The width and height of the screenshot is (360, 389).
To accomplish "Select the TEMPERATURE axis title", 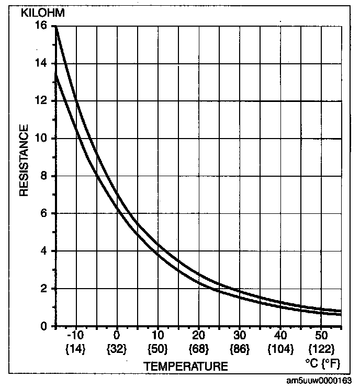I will click(186, 367).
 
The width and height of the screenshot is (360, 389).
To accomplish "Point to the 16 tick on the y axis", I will click(41, 26).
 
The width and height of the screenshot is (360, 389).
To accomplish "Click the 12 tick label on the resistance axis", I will click(41, 101).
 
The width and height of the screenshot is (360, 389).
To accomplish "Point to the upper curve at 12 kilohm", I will click(76, 101).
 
